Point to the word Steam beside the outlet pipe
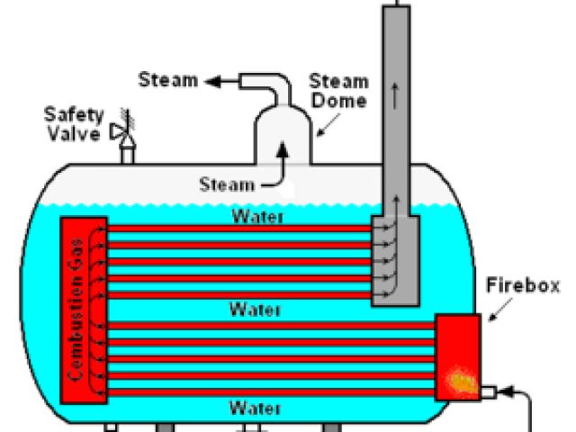[x=167, y=80]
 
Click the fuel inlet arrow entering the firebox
[x=508, y=391]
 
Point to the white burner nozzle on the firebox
[x=489, y=391]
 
